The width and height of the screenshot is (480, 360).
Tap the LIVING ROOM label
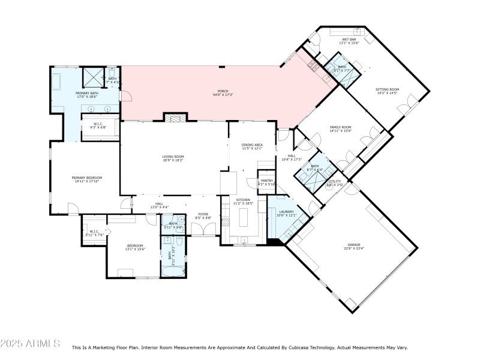click(173, 157)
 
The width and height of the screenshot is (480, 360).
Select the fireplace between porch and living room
click(172, 118)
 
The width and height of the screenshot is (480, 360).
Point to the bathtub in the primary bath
click(58, 81)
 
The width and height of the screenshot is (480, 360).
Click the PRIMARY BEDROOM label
click(87, 178)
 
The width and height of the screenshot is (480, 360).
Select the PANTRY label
click(266, 181)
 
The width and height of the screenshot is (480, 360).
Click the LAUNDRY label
click(285, 212)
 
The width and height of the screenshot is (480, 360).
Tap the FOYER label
click(204, 215)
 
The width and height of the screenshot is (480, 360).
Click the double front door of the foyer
click(204, 235)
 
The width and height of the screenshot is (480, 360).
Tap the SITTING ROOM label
click(387, 89)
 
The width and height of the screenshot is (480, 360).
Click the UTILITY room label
click(335, 182)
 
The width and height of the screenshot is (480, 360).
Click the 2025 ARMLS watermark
click(30, 344)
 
